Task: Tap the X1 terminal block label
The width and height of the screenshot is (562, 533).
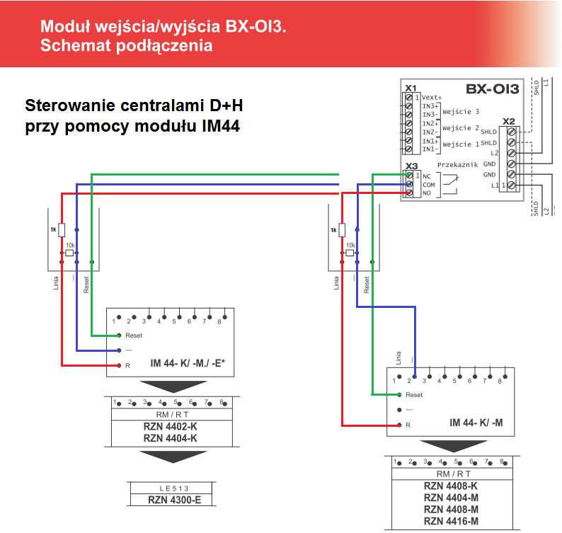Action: (411, 88)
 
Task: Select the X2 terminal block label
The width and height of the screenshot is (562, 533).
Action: (509, 122)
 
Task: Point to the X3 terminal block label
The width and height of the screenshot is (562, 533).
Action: (411, 167)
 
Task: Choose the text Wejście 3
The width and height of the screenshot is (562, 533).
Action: (461, 112)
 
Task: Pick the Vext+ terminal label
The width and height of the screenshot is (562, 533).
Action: (432, 98)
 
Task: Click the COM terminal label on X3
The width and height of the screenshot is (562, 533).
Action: (429, 184)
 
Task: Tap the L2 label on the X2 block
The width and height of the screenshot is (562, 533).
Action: (494, 153)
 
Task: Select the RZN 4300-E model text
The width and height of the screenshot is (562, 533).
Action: (170, 499)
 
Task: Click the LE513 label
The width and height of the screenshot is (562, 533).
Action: (170, 488)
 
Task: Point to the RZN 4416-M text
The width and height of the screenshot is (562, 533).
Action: (451, 522)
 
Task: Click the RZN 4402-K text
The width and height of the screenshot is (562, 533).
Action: (170, 428)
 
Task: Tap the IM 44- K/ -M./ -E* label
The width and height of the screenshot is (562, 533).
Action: (188, 364)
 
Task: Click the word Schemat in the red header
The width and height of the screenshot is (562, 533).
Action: (71, 47)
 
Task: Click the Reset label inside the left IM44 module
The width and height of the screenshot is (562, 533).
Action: (134, 335)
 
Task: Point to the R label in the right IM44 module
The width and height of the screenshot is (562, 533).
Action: (408, 425)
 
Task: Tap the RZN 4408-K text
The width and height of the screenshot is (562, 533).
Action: (451, 486)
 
